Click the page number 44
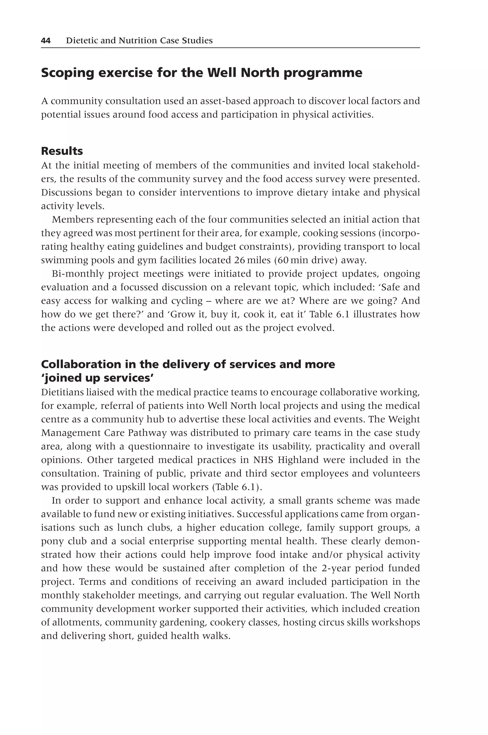click(x=46, y=41)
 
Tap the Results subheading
click(x=62, y=151)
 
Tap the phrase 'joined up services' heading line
click(x=97, y=378)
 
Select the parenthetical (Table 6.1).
click(x=237, y=487)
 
